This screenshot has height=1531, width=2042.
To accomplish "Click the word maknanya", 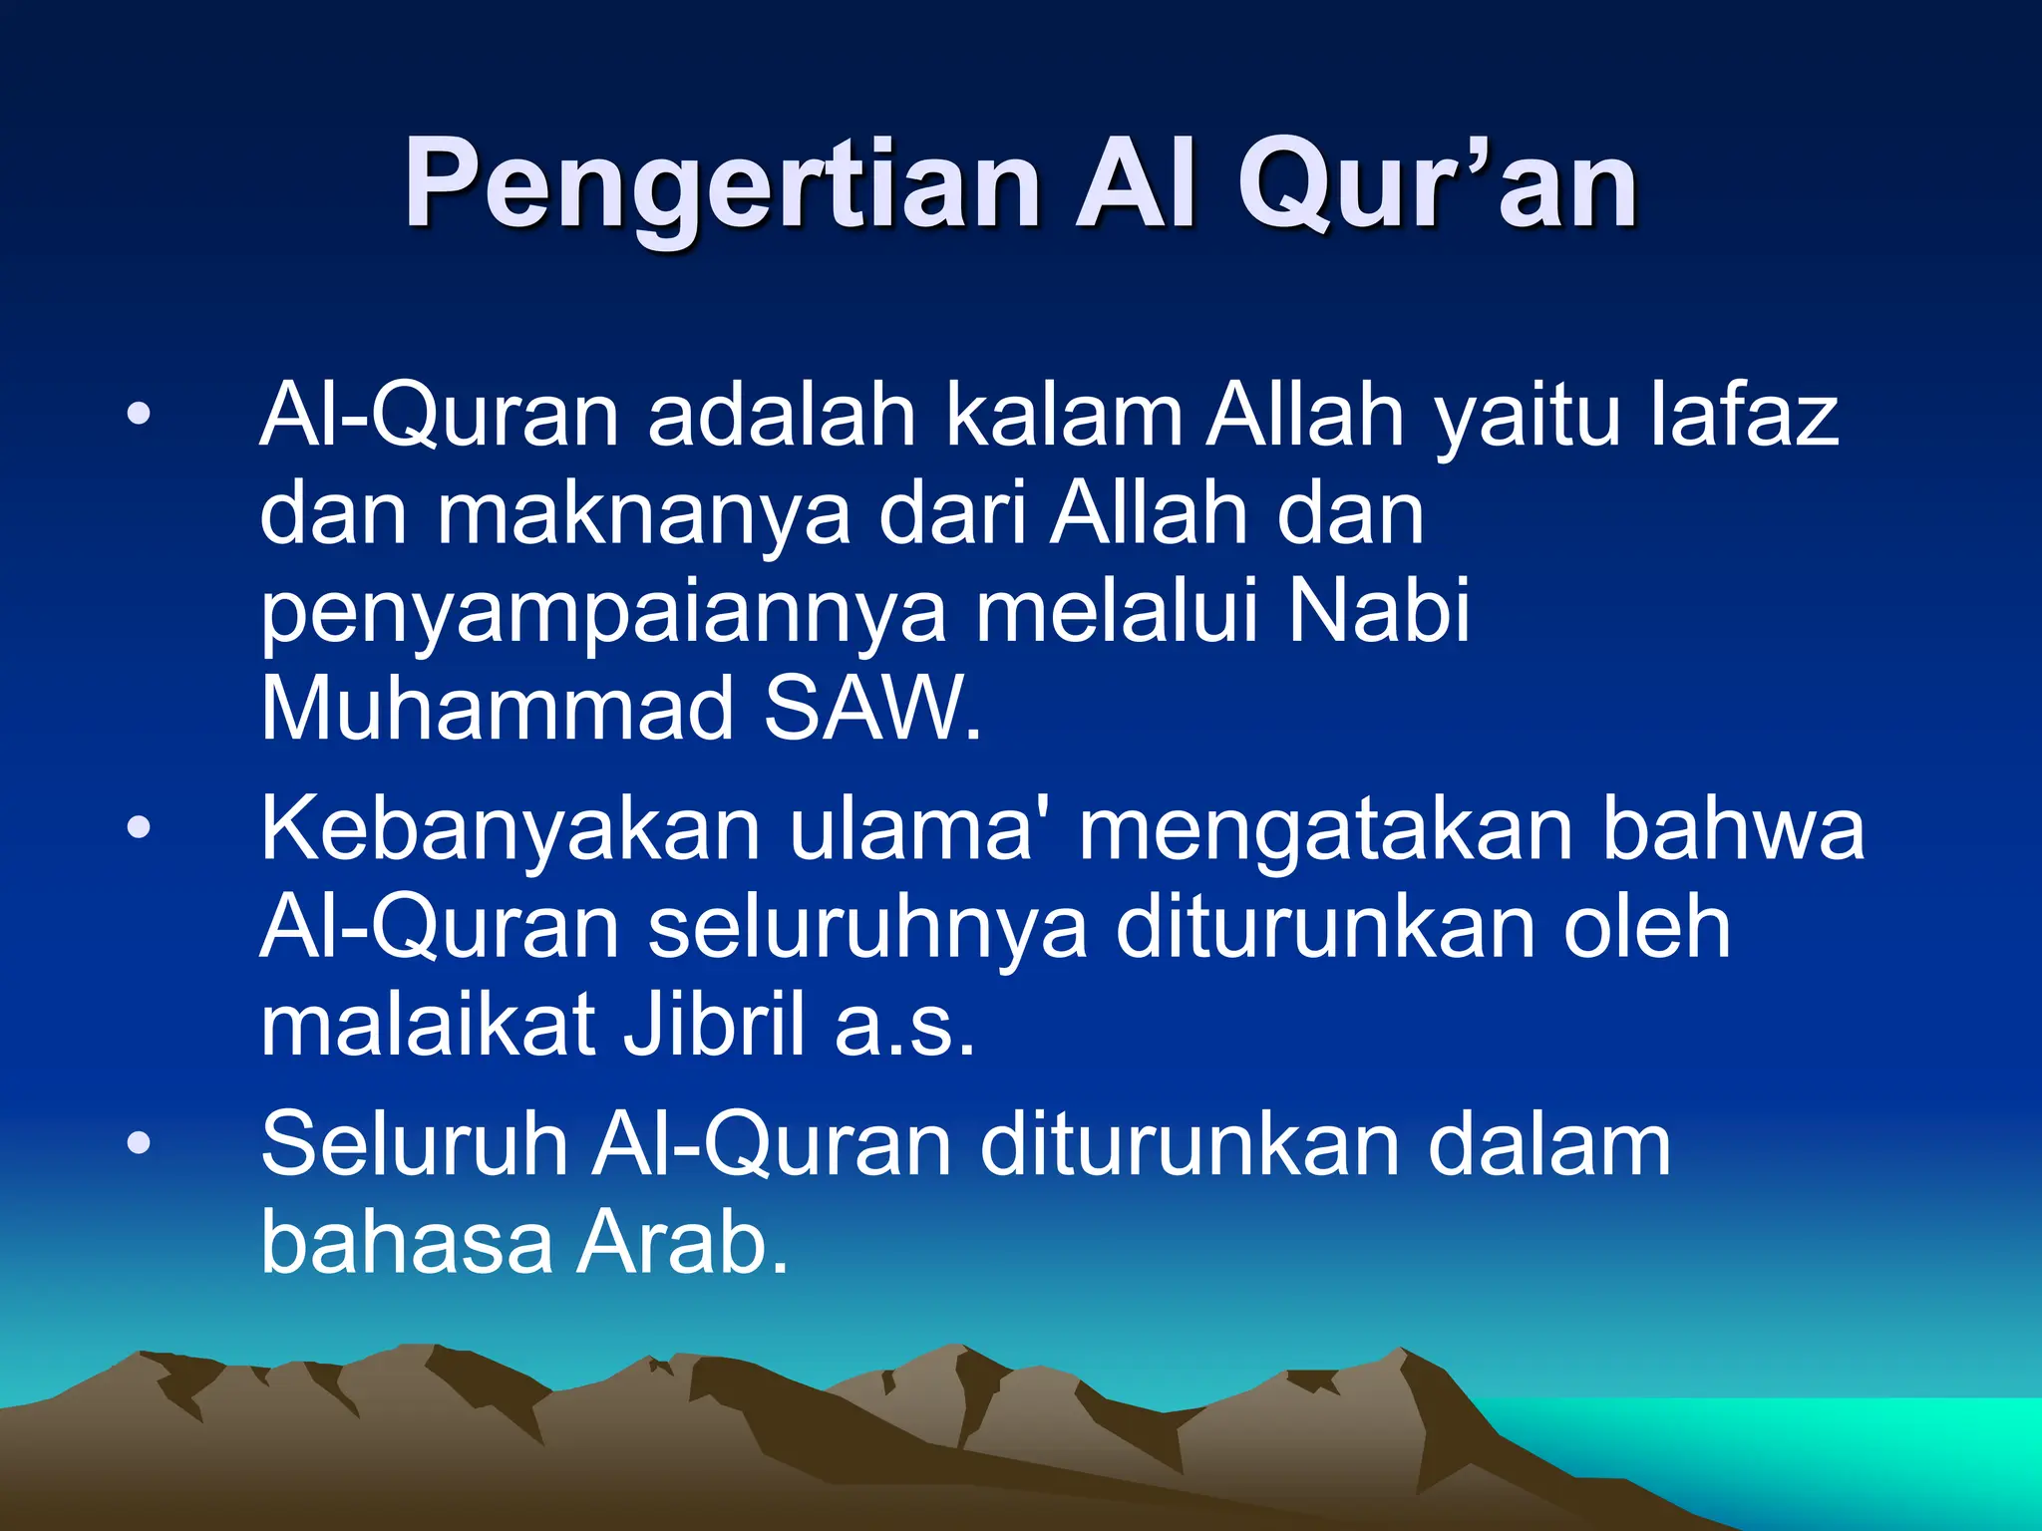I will pyautogui.click(x=644, y=516).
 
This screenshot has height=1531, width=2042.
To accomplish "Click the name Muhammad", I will pyautogui.click(x=497, y=709).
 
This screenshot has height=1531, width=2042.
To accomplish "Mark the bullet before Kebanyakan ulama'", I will pyautogui.click(x=139, y=826).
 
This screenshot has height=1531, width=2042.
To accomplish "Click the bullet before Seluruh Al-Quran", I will pyautogui.click(x=139, y=1143).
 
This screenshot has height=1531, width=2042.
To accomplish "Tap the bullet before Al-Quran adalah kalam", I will pyautogui.click(x=139, y=413).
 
